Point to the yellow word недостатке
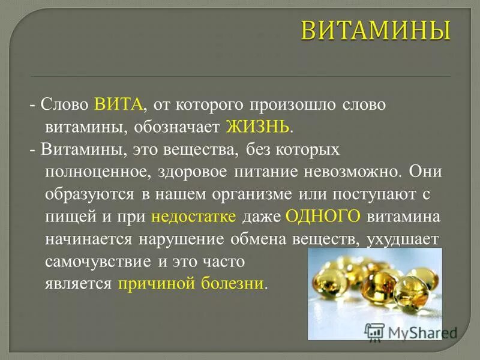194,216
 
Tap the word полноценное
95,172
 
